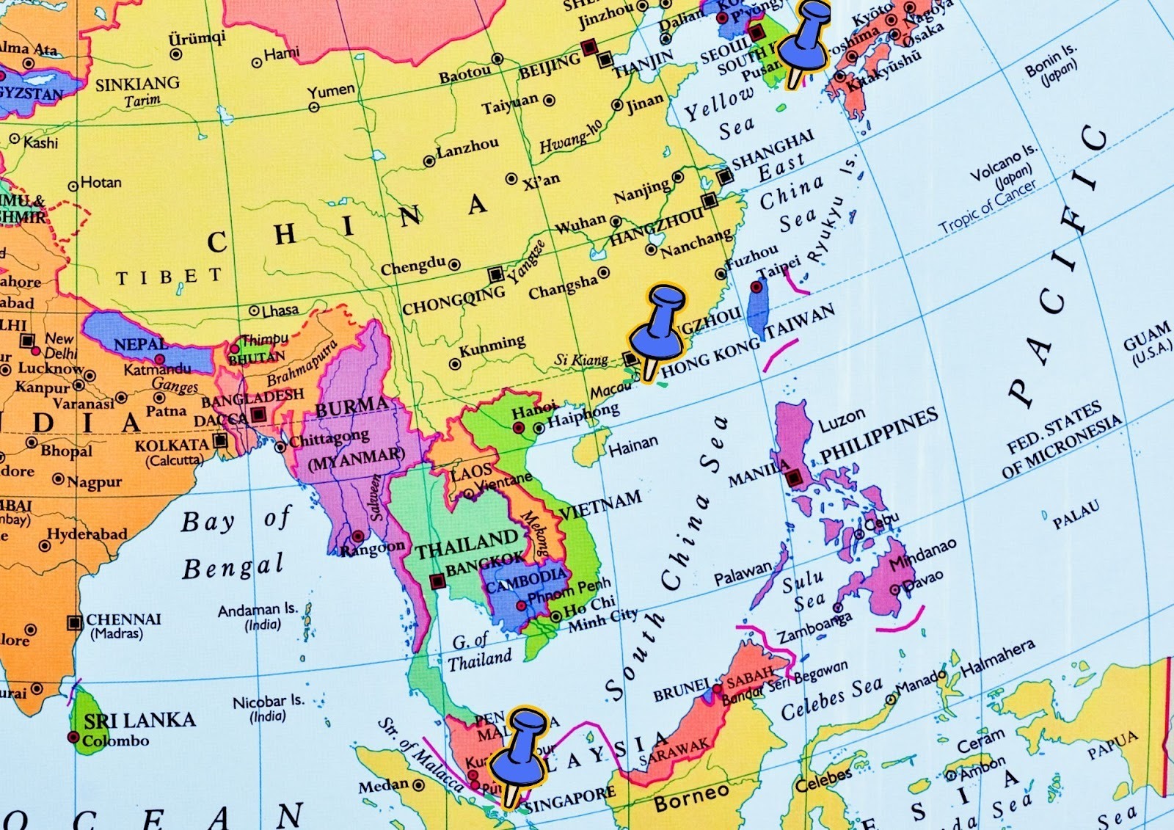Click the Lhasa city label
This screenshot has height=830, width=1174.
(x=280, y=310)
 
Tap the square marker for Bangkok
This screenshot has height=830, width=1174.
(x=437, y=581)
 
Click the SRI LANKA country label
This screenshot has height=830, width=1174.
(x=139, y=720)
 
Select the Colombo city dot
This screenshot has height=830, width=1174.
(x=73, y=737)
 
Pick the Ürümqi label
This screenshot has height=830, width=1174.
(x=197, y=38)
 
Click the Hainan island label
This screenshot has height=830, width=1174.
(x=632, y=445)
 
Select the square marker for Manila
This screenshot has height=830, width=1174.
(x=794, y=478)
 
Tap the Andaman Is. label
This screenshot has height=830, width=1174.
(x=258, y=610)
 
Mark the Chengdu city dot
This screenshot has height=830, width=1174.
(x=455, y=265)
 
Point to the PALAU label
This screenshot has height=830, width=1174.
(x=1076, y=515)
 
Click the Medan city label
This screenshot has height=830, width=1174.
(x=383, y=786)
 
